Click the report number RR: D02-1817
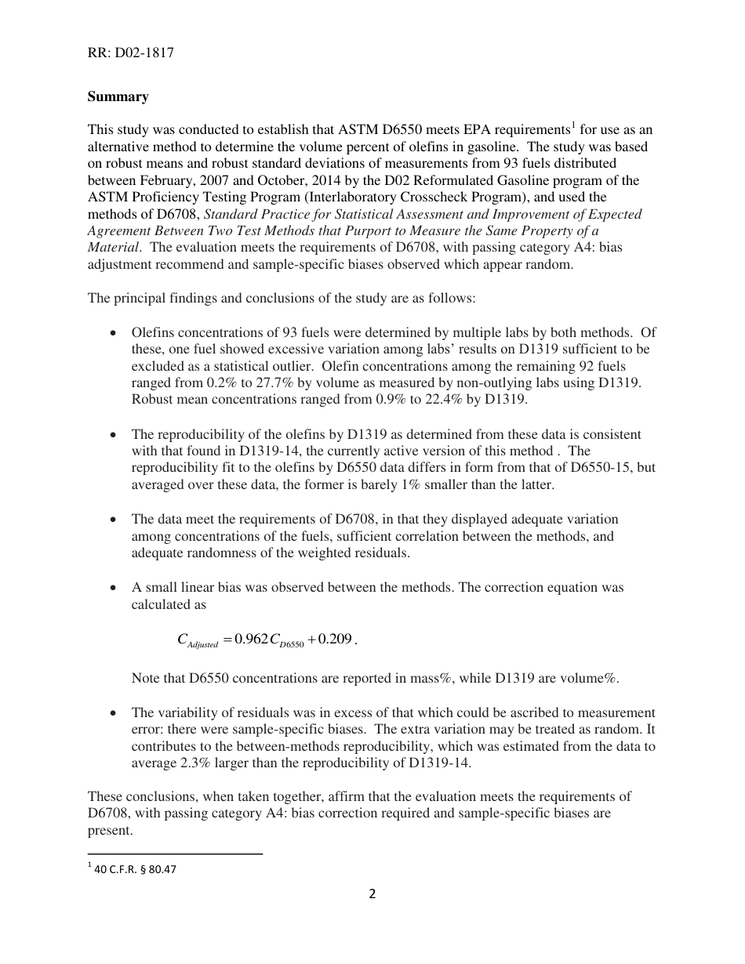130,53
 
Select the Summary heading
118,96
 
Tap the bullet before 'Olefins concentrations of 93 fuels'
114,332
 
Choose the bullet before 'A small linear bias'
114,588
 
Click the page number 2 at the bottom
372,894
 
